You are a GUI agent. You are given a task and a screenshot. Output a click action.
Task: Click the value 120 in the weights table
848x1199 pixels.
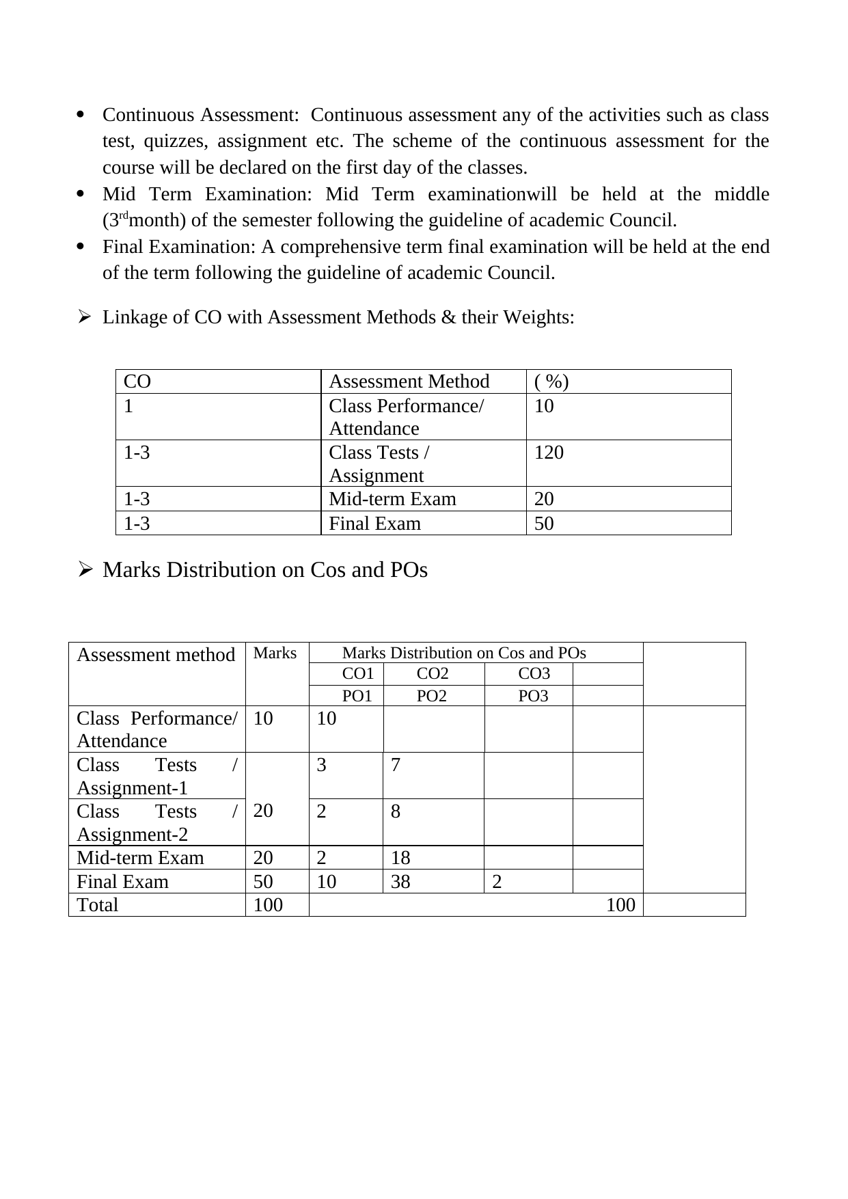click(x=549, y=453)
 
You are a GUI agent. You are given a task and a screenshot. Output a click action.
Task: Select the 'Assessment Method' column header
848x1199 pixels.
click(x=409, y=381)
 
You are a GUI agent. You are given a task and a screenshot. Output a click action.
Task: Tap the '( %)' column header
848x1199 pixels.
click(x=551, y=381)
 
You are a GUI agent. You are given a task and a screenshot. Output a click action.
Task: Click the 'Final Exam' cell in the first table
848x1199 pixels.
click(x=374, y=524)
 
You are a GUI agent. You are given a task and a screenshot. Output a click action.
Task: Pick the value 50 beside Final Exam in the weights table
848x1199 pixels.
click(x=544, y=524)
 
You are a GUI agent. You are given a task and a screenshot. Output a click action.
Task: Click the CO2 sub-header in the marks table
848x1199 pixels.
click(x=433, y=674)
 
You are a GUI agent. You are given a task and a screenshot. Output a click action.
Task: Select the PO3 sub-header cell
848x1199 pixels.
click(x=534, y=697)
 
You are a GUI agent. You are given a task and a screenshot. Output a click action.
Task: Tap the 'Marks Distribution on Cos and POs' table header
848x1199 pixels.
click(x=464, y=653)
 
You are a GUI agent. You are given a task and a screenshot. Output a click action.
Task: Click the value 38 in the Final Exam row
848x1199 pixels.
click(x=400, y=882)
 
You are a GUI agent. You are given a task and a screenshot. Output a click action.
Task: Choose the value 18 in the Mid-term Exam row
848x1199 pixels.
click(x=400, y=858)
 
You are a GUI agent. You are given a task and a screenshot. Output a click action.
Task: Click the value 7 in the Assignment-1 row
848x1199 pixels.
click(x=396, y=765)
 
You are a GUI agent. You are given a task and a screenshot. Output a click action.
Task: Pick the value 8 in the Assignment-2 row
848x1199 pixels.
click(x=396, y=811)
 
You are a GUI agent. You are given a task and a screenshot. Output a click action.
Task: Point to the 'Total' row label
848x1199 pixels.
click(x=97, y=905)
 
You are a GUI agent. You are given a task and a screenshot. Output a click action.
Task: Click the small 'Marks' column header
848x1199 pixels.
click(x=275, y=653)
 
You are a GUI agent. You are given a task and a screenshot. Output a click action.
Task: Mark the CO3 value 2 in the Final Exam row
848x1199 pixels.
click(x=497, y=882)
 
